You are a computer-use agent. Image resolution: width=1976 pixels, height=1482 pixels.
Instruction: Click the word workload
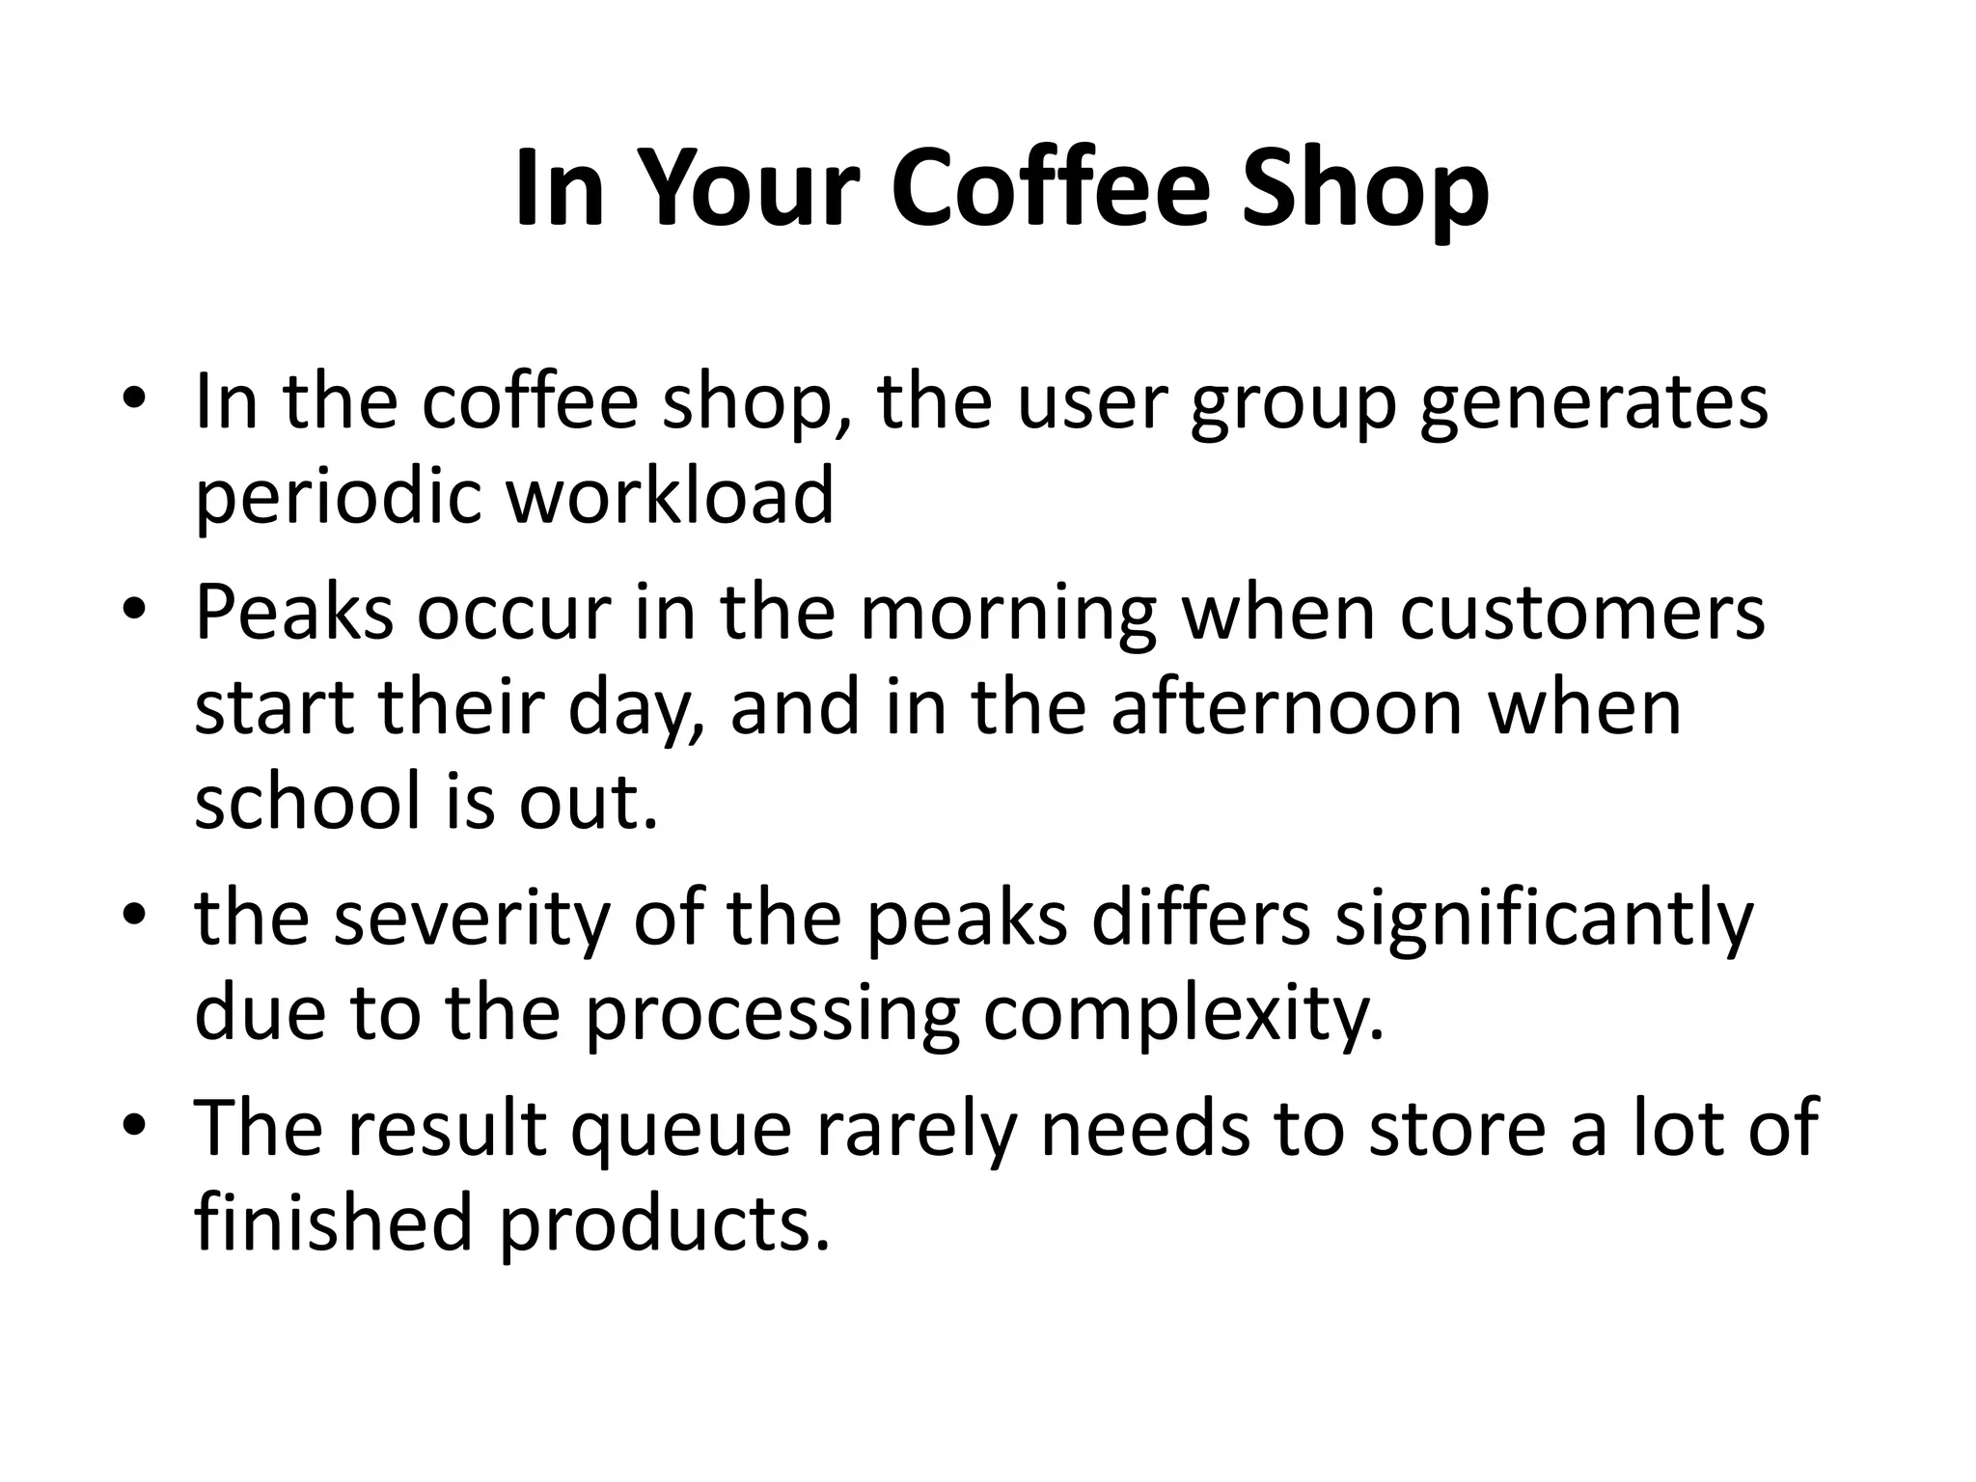click(670, 495)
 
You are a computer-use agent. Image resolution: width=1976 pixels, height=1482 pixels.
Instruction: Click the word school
click(311, 801)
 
